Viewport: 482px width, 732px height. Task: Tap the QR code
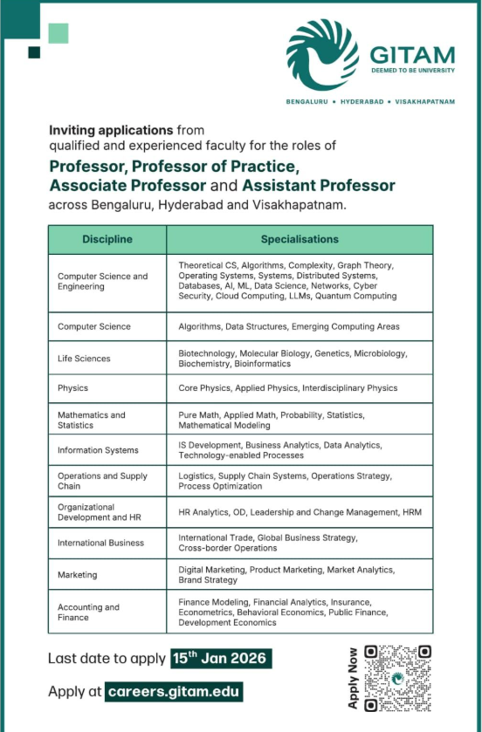click(398, 678)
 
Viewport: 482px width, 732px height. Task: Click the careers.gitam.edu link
click(174, 692)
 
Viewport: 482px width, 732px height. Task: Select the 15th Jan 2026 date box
click(220, 658)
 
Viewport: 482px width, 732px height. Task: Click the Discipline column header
click(107, 239)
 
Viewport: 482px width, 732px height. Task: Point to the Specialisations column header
click(300, 239)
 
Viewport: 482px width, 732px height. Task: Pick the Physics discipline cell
click(73, 388)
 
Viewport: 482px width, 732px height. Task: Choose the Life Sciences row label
click(84, 359)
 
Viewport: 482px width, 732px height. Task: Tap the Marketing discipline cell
click(78, 575)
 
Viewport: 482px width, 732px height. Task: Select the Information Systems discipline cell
click(98, 450)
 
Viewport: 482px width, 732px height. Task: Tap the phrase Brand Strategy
click(208, 580)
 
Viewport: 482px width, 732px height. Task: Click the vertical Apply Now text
click(353, 678)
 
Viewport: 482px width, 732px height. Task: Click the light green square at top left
click(58, 33)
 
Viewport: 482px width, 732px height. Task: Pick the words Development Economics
click(227, 623)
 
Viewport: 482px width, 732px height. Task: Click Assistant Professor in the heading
click(319, 186)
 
